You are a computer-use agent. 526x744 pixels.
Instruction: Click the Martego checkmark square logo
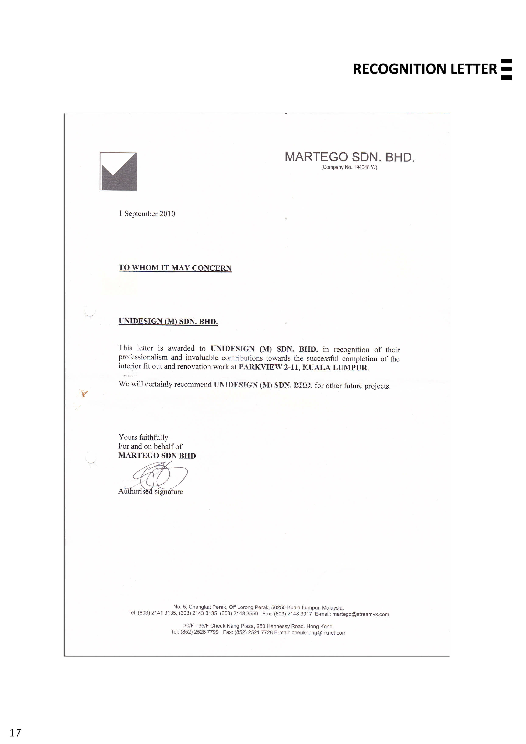coord(119,171)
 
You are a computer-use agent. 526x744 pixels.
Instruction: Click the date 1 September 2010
coord(147,214)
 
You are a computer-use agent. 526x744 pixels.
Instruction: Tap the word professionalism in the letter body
coord(143,357)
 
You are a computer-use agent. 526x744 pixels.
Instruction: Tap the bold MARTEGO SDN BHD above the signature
coord(157,456)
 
